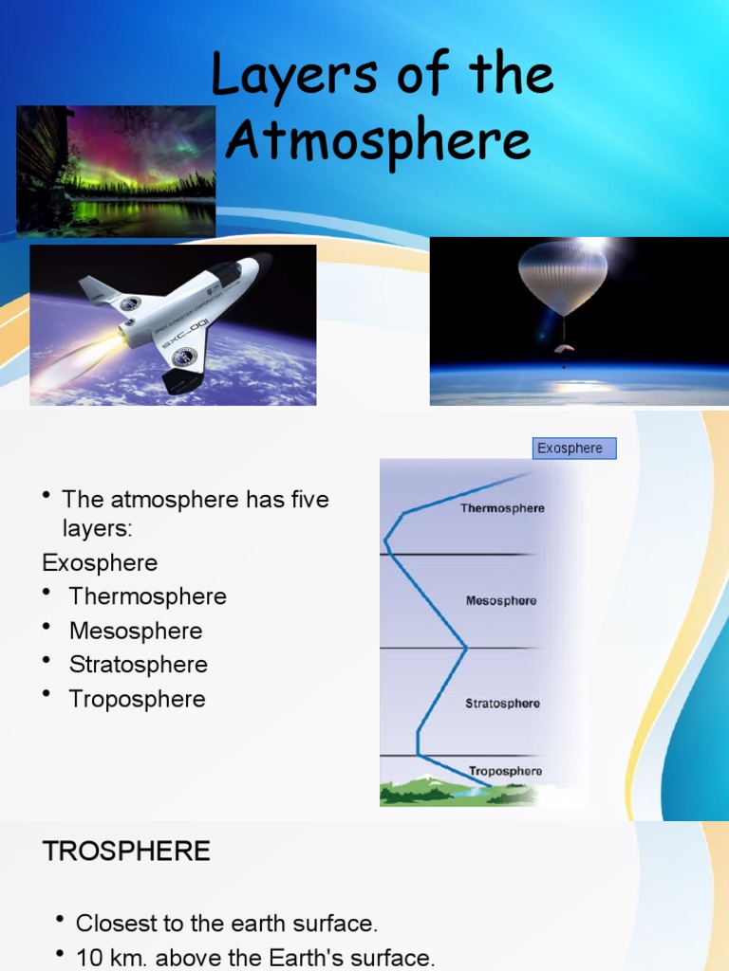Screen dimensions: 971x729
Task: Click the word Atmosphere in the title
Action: pyautogui.click(x=379, y=142)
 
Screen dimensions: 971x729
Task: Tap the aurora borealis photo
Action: pyautogui.click(x=116, y=171)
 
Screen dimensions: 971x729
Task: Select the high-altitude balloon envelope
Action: pyautogui.click(x=563, y=276)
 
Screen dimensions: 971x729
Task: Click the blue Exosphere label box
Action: pyautogui.click(x=573, y=449)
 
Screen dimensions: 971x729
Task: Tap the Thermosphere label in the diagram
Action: pyautogui.click(x=502, y=508)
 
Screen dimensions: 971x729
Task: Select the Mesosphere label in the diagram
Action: pyautogui.click(x=501, y=601)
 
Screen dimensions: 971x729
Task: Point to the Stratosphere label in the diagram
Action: pyautogui.click(x=502, y=704)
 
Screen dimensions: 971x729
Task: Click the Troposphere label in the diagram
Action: pyautogui.click(x=505, y=771)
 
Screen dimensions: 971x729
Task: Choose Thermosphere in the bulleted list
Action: pyautogui.click(x=147, y=596)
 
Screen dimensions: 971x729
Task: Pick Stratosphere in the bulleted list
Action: pyautogui.click(x=138, y=665)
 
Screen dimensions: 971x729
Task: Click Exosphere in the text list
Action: pyautogui.click(x=100, y=562)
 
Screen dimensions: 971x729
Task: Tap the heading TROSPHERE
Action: pyautogui.click(x=126, y=852)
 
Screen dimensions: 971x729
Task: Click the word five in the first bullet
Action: pyautogui.click(x=305, y=499)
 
